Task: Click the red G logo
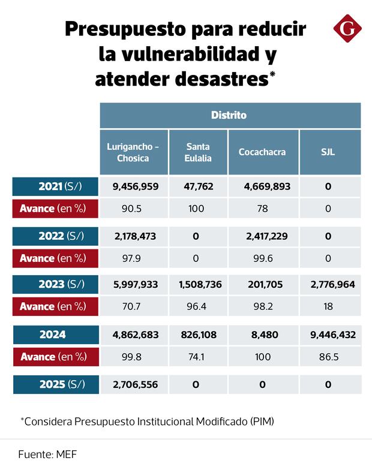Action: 347,29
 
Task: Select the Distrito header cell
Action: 229,115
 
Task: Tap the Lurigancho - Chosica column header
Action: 133,152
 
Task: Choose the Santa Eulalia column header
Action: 198,152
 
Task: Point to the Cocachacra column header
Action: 262,152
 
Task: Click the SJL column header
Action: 328,152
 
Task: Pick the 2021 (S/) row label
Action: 55,186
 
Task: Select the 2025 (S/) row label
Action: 55,384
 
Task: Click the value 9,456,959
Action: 136,186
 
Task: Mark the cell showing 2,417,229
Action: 264,236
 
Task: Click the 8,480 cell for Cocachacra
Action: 264,335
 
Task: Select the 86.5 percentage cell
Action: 328,356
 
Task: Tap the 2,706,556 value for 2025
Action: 136,384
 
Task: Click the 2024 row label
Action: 55,335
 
